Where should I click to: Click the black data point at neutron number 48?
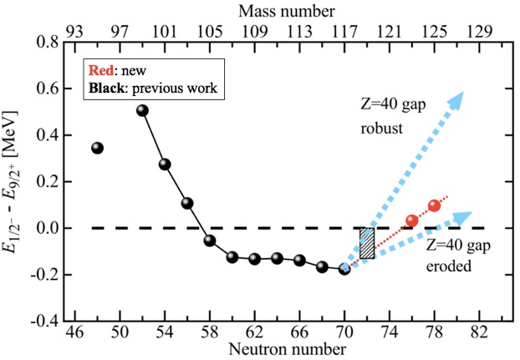pyautogui.click(x=97, y=148)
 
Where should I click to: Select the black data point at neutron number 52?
pyautogui.click(x=142, y=110)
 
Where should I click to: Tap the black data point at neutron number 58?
pyautogui.click(x=210, y=241)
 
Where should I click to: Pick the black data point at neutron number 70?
pyautogui.click(x=344, y=269)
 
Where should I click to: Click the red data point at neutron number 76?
pyautogui.click(x=412, y=221)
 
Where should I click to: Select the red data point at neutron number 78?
pyautogui.click(x=434, y=205)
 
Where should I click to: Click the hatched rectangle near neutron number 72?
pyautogui.click(x=367, y=243)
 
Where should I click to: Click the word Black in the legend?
pyautogui.click(x=110, y=87)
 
